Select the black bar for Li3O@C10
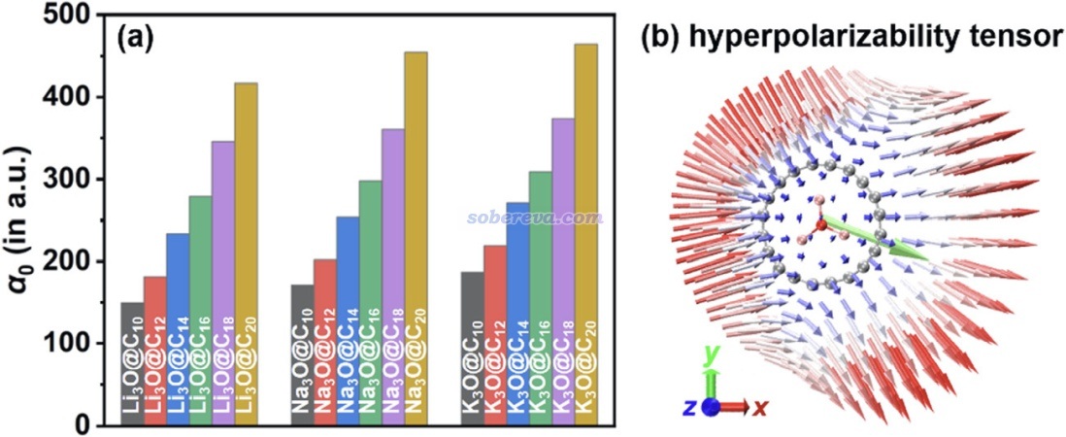[x=133, y=364]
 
